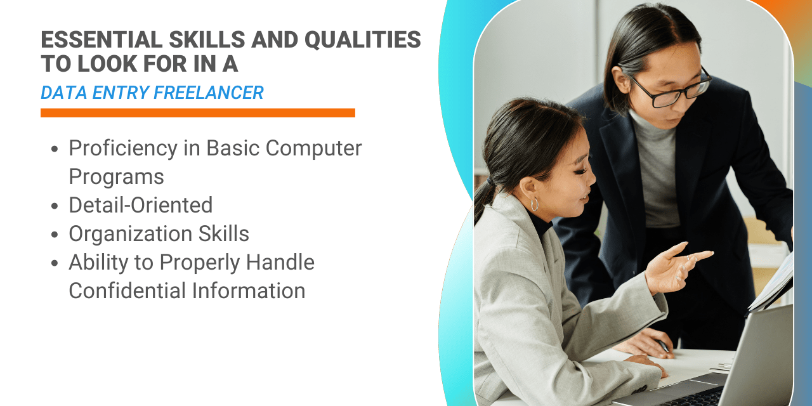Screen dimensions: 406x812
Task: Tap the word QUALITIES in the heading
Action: click(x=362, y=39)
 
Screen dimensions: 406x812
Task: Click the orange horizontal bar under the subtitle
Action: click(x=197, y=112)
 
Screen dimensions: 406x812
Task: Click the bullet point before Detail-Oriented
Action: click(x=55, y=206)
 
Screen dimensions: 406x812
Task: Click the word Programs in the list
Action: click(x=116, y=177)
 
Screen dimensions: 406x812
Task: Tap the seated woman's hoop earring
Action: click(x=534, y=204)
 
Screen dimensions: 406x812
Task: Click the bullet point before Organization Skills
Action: click(x=55, y=234)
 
